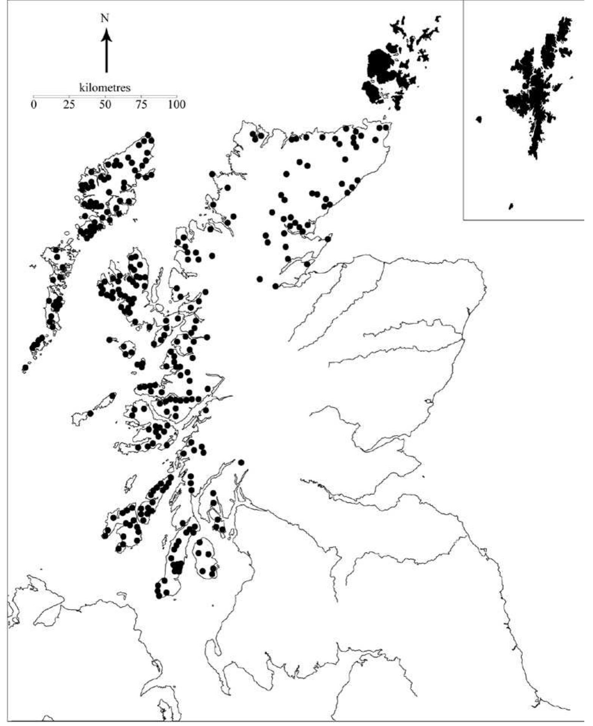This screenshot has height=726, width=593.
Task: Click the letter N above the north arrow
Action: click(x=105, y=18)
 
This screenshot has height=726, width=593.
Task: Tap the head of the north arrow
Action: click(x=107, y=34)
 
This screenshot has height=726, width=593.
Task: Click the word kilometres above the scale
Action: click(x=105, y=88)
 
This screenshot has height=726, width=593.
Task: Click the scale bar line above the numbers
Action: click(x=105, y=96)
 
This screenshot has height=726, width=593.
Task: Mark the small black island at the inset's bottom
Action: click(x=511, y=206)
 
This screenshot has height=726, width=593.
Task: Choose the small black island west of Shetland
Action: click(x=479, y=120)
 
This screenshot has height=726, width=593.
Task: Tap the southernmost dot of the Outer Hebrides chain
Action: click(x=25, y=368)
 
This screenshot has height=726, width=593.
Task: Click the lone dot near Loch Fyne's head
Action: click(x=241, y=462)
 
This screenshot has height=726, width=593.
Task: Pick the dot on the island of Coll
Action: click(x=112, y=396)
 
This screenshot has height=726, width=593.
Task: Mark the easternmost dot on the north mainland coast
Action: click(x=386, y=128)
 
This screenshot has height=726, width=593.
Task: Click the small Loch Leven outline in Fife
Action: click(x=429, y=401)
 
